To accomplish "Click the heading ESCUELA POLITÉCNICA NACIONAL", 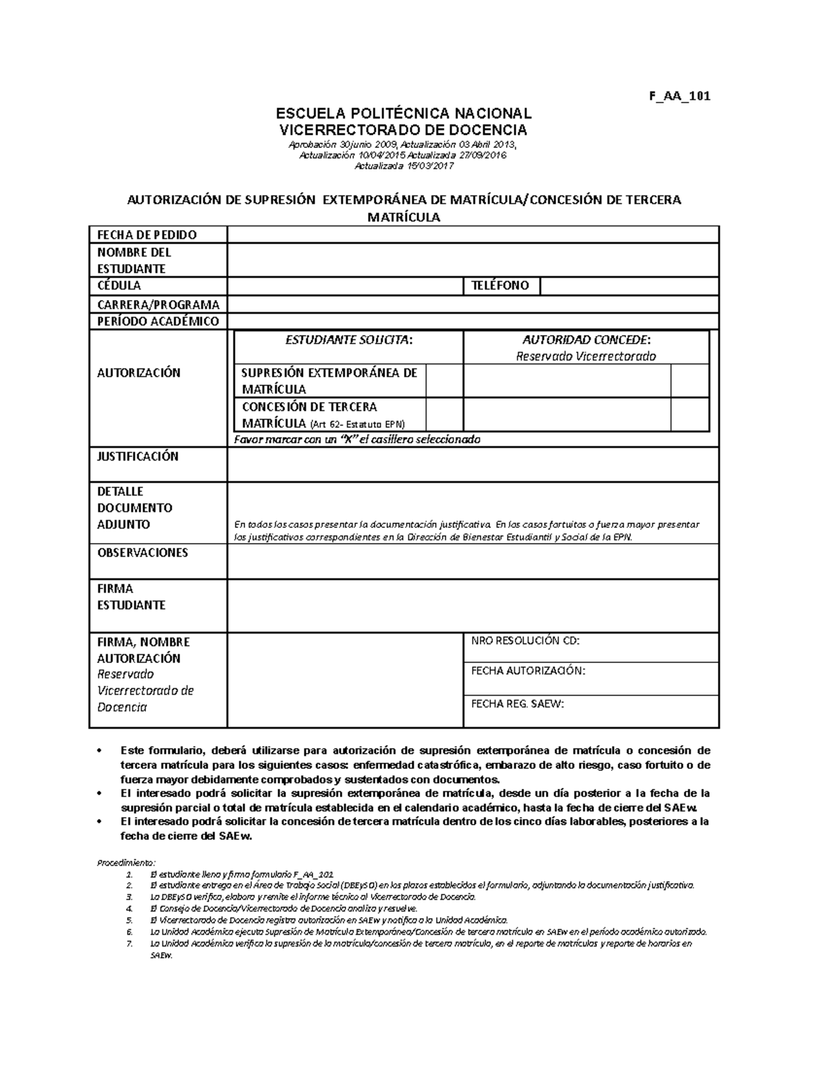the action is click(403, 114).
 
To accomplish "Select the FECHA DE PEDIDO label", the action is click(147, 235).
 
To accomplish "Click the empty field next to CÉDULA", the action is click(345, 286).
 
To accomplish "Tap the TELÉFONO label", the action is click(500, 286).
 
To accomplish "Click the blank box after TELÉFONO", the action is click(628, 286).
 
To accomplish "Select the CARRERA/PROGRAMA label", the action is click(158, 304).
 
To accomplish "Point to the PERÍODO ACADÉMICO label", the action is click(158, 321).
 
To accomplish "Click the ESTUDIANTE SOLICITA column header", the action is click(350, 340).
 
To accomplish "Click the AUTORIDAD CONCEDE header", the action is click(586, 340).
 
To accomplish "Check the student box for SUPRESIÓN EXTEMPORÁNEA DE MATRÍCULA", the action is click(444, 381).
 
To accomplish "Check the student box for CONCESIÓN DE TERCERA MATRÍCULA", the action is click(444, 414).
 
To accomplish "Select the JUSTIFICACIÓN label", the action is click(138, 456).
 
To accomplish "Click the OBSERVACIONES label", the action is click(142, 553).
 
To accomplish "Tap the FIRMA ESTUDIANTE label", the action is click(131, 597).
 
